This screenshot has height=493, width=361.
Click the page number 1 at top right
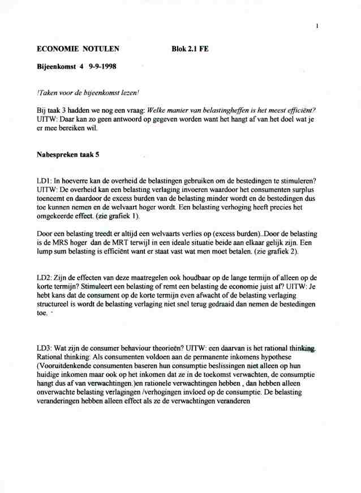coord(318,25)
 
